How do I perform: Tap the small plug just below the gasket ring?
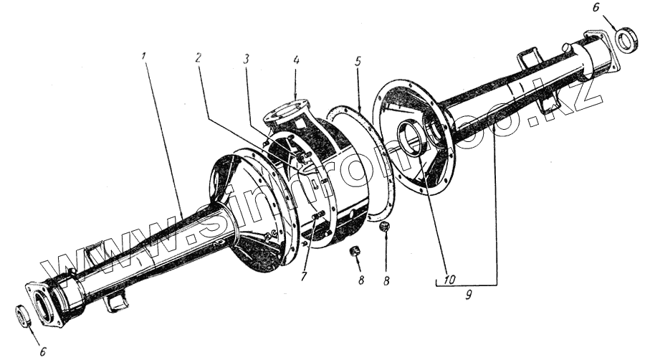385,227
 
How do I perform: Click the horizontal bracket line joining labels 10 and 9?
467,284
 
